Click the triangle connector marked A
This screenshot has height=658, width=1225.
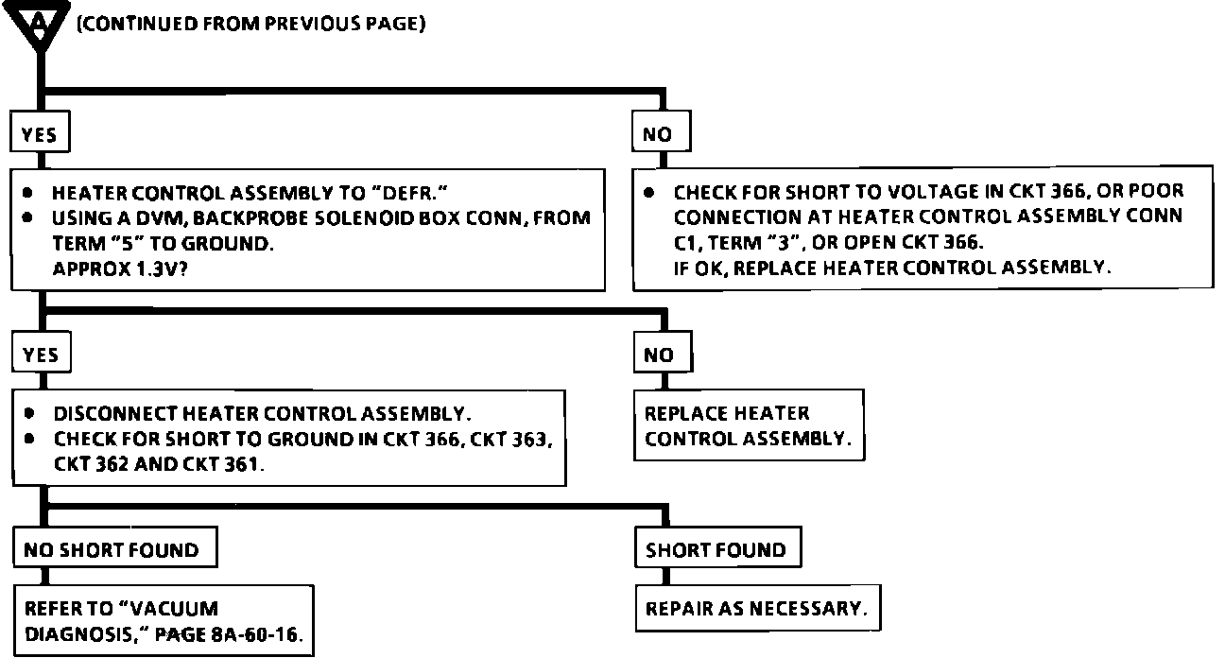click(x=39, y=24)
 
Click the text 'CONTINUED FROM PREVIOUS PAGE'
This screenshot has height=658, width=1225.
click(x=250, y=24)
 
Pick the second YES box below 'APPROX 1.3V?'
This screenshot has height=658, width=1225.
click(x=41, y=355)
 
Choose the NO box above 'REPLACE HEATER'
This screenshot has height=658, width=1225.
click(x=659, y=355)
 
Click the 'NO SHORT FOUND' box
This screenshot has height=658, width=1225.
click(x=111, y=550)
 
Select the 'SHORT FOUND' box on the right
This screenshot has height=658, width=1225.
click(x=716, y=550)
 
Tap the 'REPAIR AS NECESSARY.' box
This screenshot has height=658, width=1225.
click(x=756, y=608)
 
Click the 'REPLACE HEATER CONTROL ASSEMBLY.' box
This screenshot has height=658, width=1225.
click(x=748, y=426)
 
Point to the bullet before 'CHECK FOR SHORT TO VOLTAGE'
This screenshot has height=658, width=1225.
click(x=649, y=192)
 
